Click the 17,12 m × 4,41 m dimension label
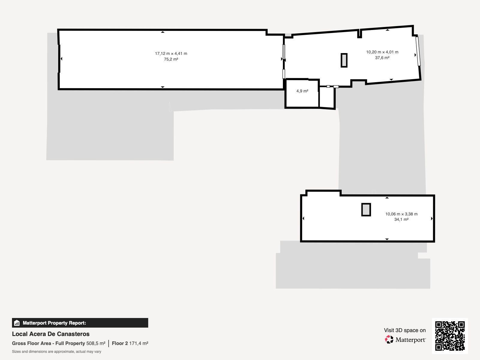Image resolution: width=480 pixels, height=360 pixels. (x=171, y=54)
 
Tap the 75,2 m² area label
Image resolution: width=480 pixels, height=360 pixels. (x=171, y=59)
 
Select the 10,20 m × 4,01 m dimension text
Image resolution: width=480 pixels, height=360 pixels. (x=382, y=52)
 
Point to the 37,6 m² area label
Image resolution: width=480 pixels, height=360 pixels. (x=382, y=58)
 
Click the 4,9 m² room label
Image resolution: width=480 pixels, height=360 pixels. (x=302, y=91)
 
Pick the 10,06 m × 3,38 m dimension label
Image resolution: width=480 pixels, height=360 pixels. (x=401, y=214)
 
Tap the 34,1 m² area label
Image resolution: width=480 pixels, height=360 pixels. (x=401, y=220)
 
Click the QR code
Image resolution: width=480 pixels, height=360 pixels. (x=450, y=336)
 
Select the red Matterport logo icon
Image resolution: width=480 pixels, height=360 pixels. (x=389, y=340)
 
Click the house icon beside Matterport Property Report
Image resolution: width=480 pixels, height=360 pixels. (x=17, y=323)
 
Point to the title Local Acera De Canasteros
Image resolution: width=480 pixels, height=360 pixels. (x=51, y=334)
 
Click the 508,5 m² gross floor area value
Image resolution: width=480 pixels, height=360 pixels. (x=96, y=343)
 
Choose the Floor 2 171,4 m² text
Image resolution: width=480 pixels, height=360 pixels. (x=130, y=343)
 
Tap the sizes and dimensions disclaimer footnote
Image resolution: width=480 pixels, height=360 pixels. (x=56, y=352)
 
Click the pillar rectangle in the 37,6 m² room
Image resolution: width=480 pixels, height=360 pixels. (x=344, y=60)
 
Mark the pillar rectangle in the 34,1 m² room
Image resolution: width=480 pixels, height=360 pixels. (x=366, y=210)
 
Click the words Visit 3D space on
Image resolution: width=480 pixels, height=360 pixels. (x=405, y=330)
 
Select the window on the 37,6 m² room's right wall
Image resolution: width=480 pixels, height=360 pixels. (x=418, y=51)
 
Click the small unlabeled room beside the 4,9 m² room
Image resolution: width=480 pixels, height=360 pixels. (x=327, y=97)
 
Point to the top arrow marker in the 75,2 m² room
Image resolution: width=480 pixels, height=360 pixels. (x=163, y=32)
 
